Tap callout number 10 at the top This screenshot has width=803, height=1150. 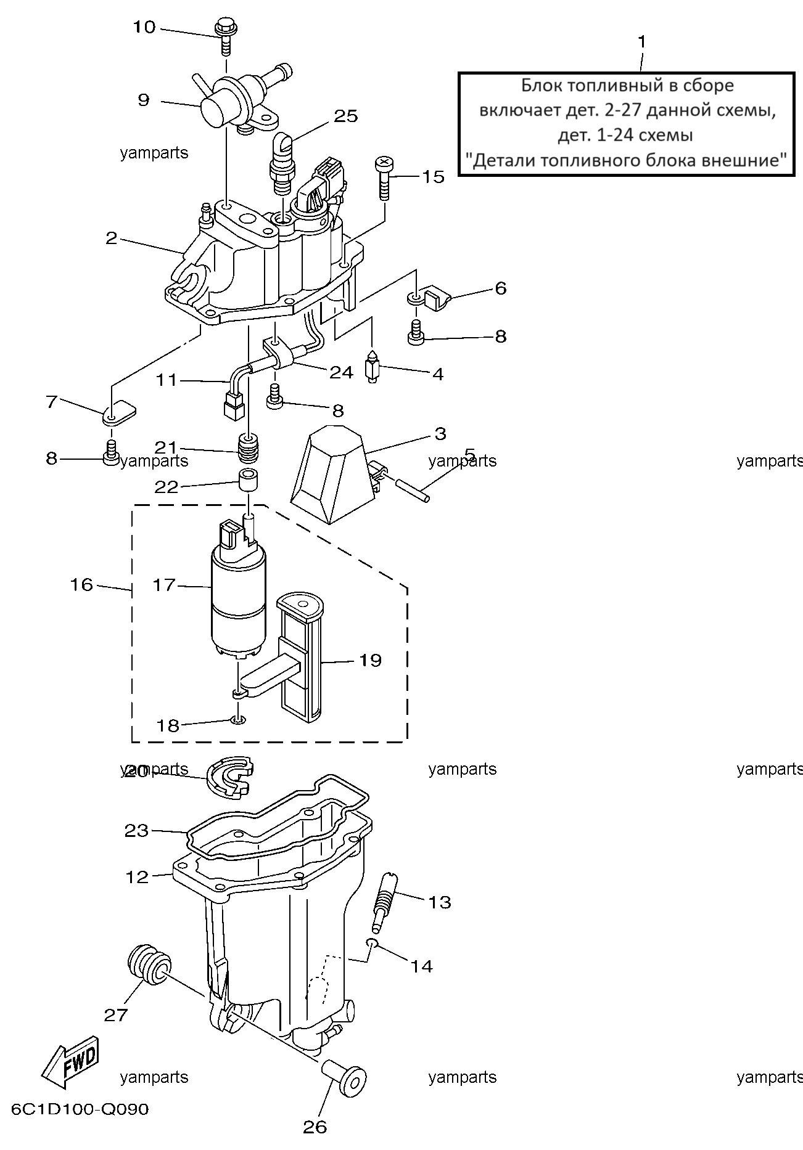(144, 27)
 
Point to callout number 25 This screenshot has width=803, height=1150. (346, 116)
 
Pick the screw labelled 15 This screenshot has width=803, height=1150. (384, 177)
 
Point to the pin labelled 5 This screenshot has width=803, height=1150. (410, 488)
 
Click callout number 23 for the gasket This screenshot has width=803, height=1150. (137, 831)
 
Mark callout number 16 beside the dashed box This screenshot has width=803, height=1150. (81, 584)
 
